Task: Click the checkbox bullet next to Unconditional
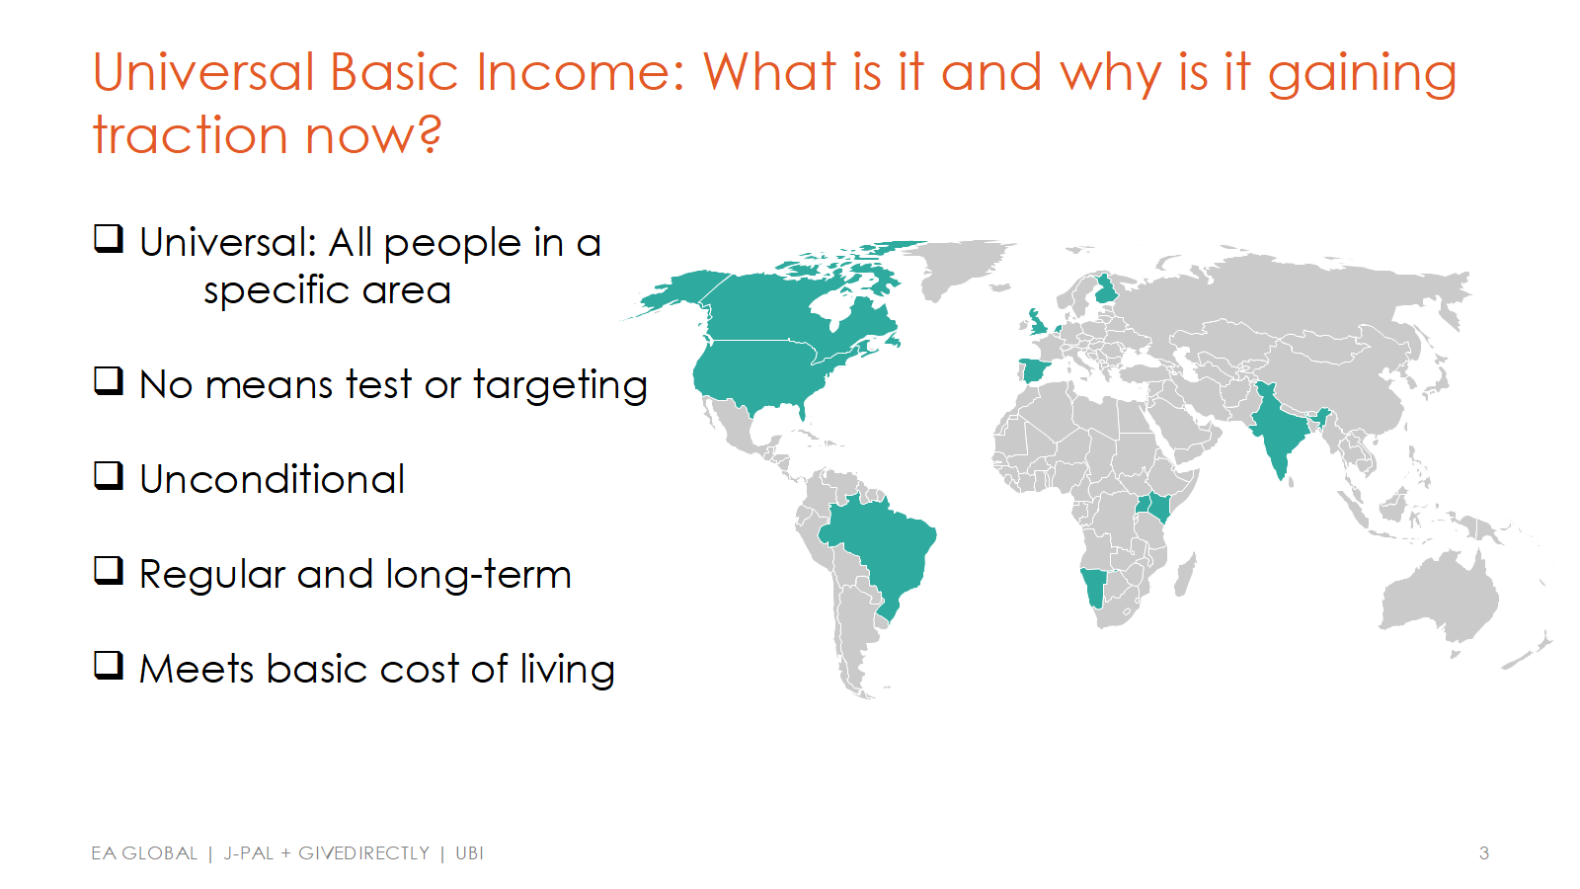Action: click(x=109, y=475)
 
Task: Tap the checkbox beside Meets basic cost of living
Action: click(x=109, y=666)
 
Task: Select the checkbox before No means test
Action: click(x=109, y=381)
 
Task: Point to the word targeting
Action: click(x=560, y=386)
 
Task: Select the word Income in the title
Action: click(x=580, y=72)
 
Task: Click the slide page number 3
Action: click(x=1484, y=853)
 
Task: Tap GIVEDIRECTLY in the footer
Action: click(x=364, y=853)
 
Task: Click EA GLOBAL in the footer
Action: click(x=144, y=853)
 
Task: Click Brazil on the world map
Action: click(x=882, y=550)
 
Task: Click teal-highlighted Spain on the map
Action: click(x=1034, y=369)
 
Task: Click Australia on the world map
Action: click(x=1439, y=600)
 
